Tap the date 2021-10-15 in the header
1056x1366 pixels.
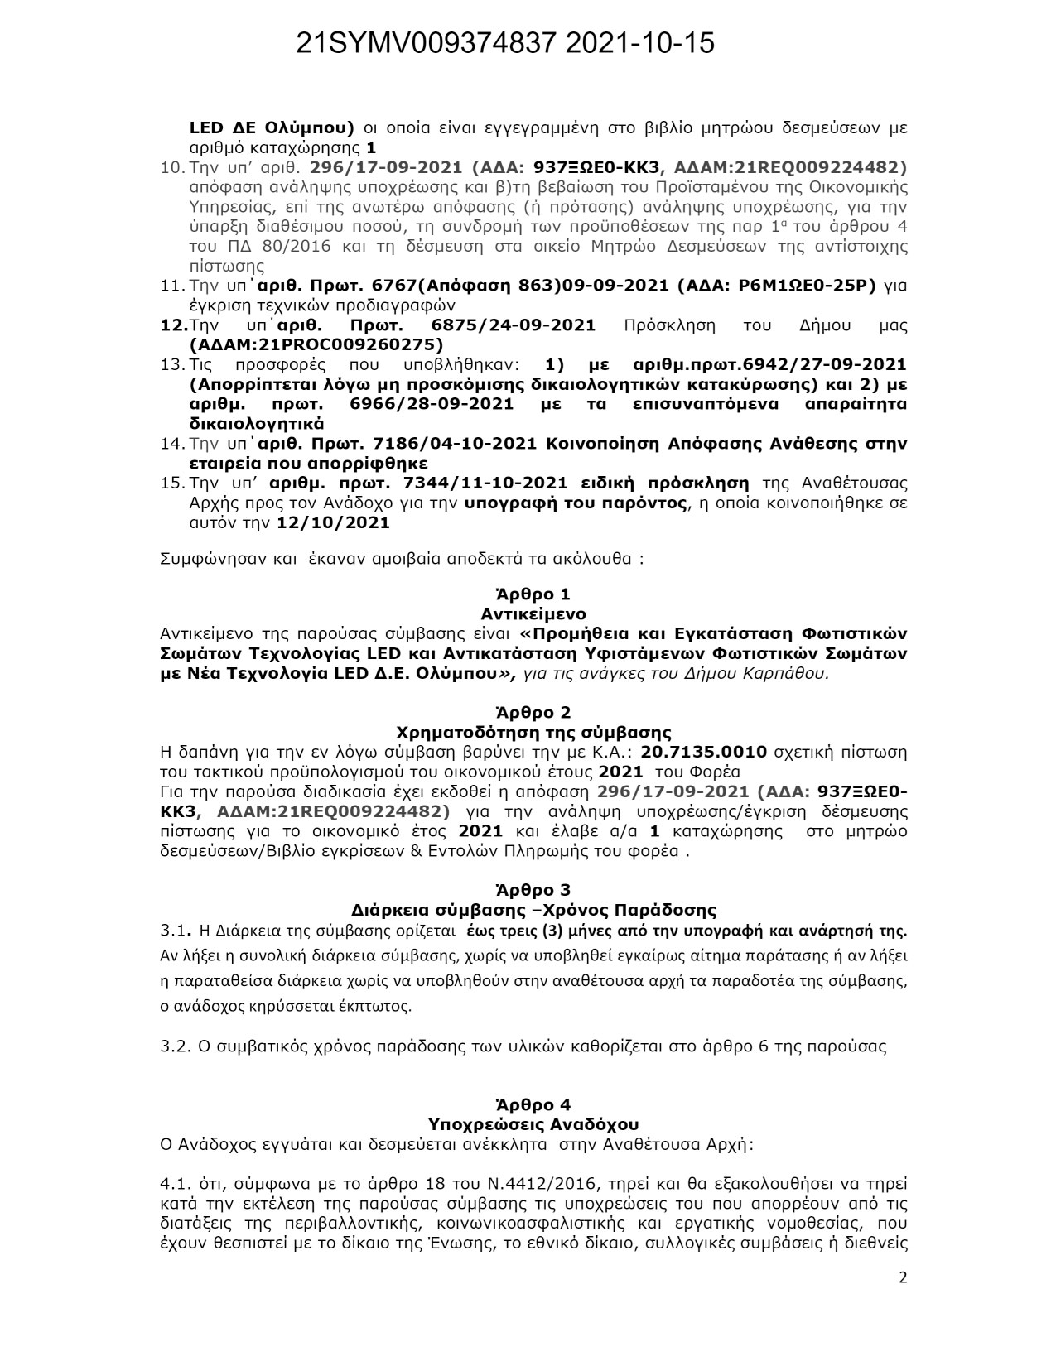pyautogui.click(x=640, y=44)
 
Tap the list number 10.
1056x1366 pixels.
pyautogui.click(x=172, y=167)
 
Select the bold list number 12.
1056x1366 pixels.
pyautogui.click(x=173, y=325)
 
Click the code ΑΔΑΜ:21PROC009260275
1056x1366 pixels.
pyautogui.click(x=316, y=344)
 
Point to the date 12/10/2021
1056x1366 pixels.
pyautogui.click(x=333, y=523)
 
